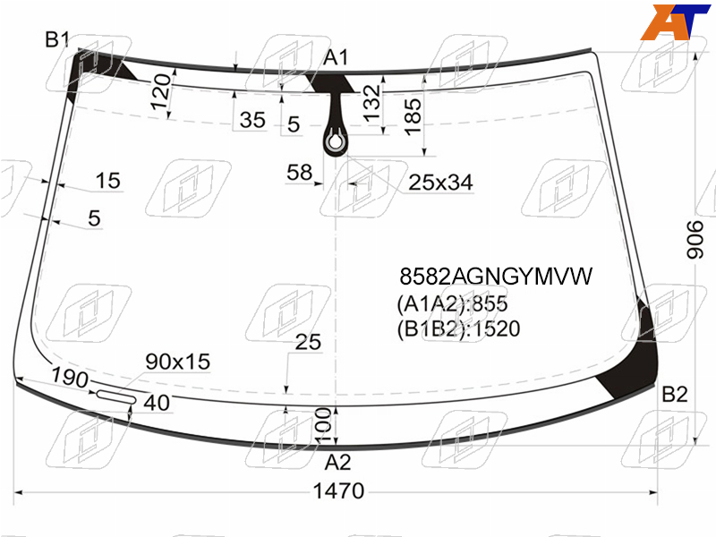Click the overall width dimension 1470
[338, 491]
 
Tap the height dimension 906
[695, 240]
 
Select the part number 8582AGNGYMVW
[496, 277]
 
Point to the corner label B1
[57, 39]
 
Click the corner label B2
[675, 394]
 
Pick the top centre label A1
[336, 58]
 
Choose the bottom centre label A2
[337, 463]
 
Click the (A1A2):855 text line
[452, 303]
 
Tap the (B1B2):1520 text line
[458, 328]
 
